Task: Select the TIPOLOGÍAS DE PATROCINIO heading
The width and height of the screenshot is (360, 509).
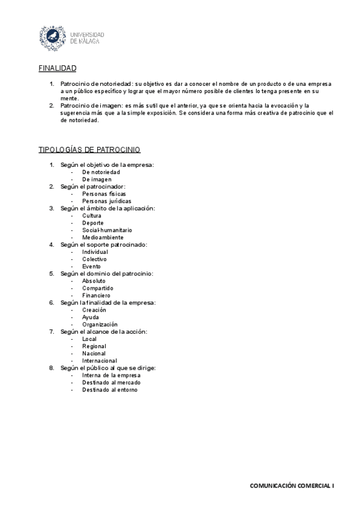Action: [89, 149]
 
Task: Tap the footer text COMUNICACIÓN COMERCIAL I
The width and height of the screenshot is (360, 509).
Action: [292, 484]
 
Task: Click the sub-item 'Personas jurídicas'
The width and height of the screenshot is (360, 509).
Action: [107, 201]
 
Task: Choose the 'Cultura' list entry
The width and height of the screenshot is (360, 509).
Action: [92, 215]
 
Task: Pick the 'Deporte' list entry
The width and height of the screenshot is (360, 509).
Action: [93, 223]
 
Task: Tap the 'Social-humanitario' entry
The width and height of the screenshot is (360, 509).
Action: [107, 230]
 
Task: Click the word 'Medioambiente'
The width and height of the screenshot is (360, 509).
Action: [103, 237]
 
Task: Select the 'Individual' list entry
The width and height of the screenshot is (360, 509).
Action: [95, 251]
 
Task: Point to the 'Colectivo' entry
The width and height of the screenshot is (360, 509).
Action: [95, 259]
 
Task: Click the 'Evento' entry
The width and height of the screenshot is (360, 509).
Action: [92, 266]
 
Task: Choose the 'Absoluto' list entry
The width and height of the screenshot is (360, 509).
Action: [94, 281]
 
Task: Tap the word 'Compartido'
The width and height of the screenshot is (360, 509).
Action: [98, 288]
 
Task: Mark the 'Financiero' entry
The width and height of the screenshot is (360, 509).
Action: [97, 295]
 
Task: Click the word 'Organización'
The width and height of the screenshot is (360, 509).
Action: [100, 324]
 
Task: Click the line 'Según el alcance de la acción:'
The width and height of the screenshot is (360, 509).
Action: [104, 331]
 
